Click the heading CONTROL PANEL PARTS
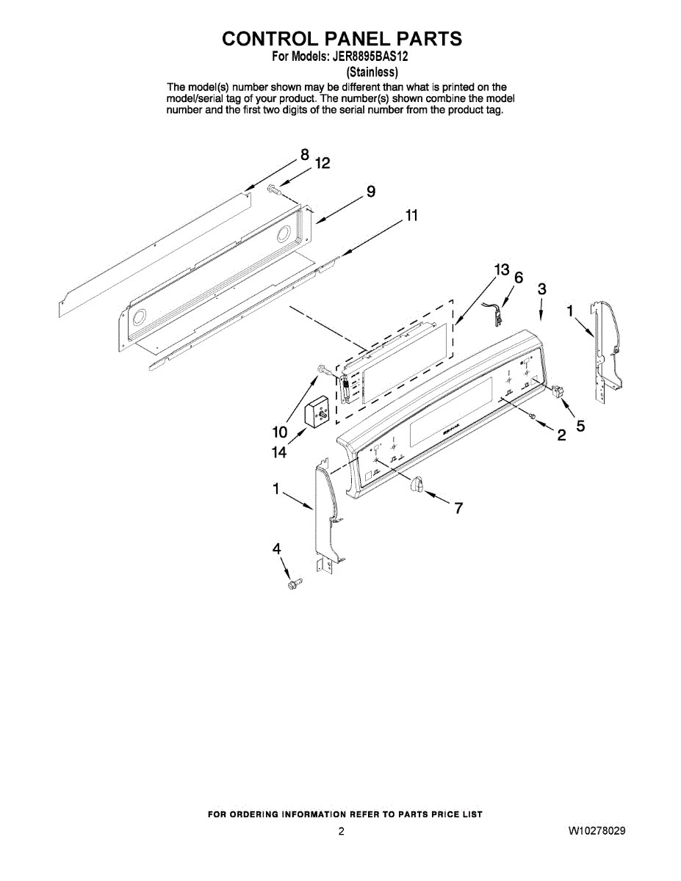point(342,39)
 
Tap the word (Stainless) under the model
point(372,72)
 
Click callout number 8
point(304,155)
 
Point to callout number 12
point(323,164)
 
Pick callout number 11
point(411,216)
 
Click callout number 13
point(501,270)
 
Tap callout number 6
point(519,278)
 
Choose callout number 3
point(541,289)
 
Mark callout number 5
point(580,425)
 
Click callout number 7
point(458,507)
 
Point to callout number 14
point(278,454)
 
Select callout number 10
point(280,432)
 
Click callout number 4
point(277,548)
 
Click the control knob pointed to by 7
point(417,485)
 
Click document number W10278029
point(597,831)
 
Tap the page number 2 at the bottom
point(341,831)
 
